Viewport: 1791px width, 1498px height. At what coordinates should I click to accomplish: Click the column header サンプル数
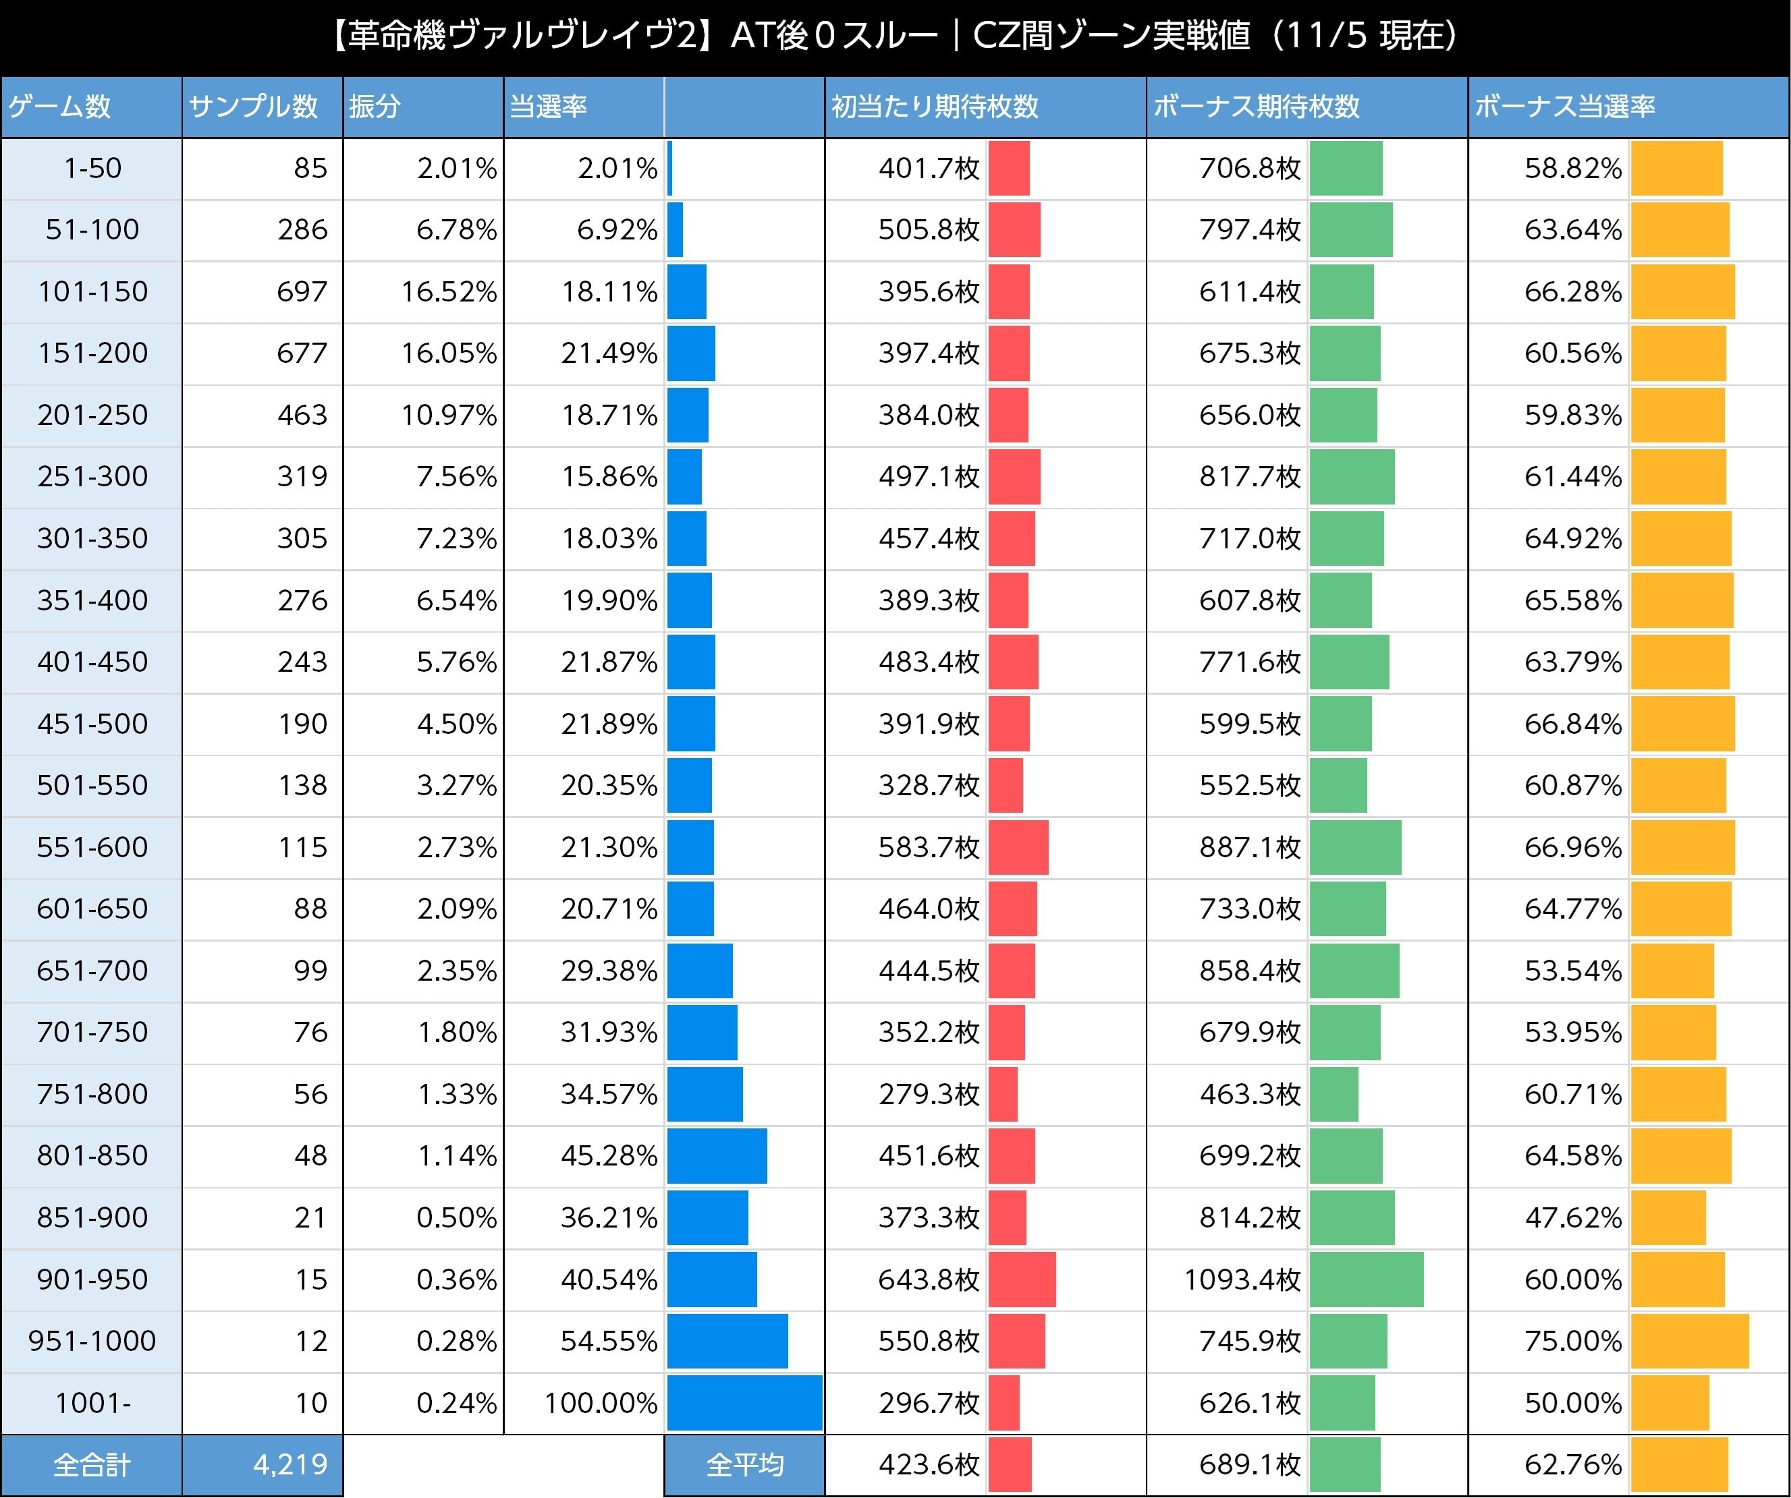click(x=253, y=107)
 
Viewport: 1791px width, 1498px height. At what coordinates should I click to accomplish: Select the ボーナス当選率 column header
click(x=1564, y=107)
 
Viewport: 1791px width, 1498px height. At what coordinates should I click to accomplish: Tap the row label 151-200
click(x=92, y=353)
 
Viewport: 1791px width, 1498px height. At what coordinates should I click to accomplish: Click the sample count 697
click(x=302, y=291)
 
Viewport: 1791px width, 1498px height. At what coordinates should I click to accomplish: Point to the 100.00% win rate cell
click(x=601, y=1402)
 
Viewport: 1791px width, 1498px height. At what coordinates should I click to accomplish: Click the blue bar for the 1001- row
click(x=744, y=1402)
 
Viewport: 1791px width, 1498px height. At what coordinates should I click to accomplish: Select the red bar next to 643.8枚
click(x=1022, y=1279)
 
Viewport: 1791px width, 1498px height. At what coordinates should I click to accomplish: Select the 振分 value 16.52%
click(x=449, y=291)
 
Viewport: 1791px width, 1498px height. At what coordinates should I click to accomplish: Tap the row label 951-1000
click(x=92, y=1341)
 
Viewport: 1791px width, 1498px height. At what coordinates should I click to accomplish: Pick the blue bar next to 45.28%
click(x=717, y=1155)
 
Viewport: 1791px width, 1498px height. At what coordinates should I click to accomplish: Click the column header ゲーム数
click(x=59, y=107)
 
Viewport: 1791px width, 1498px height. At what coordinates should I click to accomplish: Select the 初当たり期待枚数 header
click(x=935, y=107)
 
